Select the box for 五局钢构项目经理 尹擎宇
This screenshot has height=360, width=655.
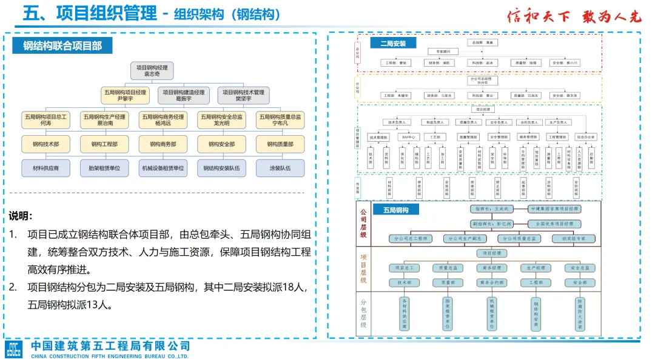[x=125, y=95]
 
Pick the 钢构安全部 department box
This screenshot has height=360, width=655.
[x=221, y=144]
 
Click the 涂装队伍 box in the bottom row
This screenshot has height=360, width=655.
[x=280, y=168]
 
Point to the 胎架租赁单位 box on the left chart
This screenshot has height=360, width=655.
[x=104, y=168]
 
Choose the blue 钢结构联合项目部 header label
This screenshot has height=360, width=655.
[x=62, y=46]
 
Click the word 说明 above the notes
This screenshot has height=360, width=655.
[x=21, y=216]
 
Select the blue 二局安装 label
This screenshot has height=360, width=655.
[x=393, y=43]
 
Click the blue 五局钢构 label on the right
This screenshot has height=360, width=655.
[x=395, y=210]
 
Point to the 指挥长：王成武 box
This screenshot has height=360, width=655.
[x=491, y=208]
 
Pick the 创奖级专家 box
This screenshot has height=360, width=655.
[x=573, y=239]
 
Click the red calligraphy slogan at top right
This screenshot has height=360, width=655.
[x=574, y=16]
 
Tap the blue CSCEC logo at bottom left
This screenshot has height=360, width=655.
[x=13, y=349]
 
